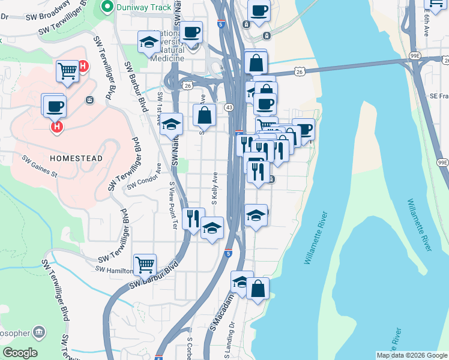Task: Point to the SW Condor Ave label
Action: click(144, 178)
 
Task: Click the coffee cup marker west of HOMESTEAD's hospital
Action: click(54, 106)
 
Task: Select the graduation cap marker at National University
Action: click(148, 42)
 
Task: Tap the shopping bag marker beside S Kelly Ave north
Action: click(204, 114)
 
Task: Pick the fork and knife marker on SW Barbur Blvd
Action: click(193, 218)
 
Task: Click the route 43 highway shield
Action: click(229, 107)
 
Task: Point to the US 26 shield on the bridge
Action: click(299, 71)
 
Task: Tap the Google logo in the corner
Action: click(20, 353)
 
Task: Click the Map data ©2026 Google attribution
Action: click(412, 355)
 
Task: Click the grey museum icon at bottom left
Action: click(39, 332)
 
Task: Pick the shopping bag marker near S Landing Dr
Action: click(258, 289)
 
